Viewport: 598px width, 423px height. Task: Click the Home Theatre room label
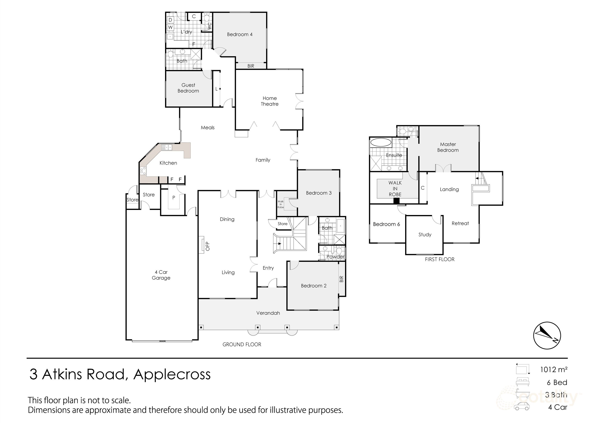click(x=270, y=101)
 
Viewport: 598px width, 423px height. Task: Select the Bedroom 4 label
click(x=240, y=34)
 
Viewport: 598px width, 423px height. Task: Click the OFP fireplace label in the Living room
click(x=208, y=246)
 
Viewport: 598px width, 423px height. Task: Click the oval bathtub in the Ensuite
click(x=381, y=143)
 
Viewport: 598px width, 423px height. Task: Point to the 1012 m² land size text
click(x=554, y=369)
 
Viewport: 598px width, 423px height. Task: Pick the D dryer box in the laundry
click(x=170, y=20)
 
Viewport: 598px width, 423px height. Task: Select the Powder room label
click(x=335, y=257)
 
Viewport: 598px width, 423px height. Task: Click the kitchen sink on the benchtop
click(x=166, y=148)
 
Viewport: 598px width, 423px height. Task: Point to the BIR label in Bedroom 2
click(x=341, y=279)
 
